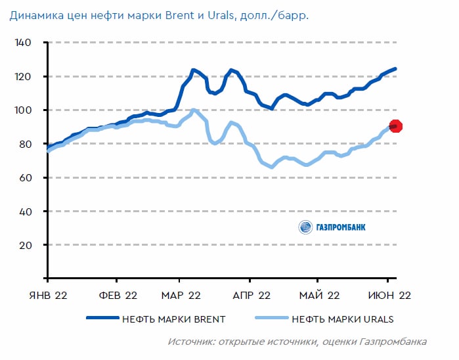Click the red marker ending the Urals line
click(395, 126)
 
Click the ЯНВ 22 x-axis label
click(47, 295)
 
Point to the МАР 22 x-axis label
click(181, 295)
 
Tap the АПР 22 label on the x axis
click(251, 295)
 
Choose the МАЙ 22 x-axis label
click(319, 295)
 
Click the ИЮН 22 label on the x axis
click(389, 295)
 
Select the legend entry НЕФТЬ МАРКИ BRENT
click(173, 319)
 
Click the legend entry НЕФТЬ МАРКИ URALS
click(343, 319)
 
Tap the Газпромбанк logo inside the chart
click(332, 227)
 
